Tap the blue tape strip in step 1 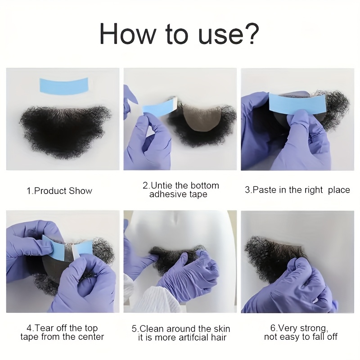click(64, 85)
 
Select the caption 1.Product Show click(59, 191)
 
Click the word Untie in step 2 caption click(162, 185)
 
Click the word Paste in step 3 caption click(265, 190)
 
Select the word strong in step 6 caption click(314, 328)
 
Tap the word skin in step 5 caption click(222, 329)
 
